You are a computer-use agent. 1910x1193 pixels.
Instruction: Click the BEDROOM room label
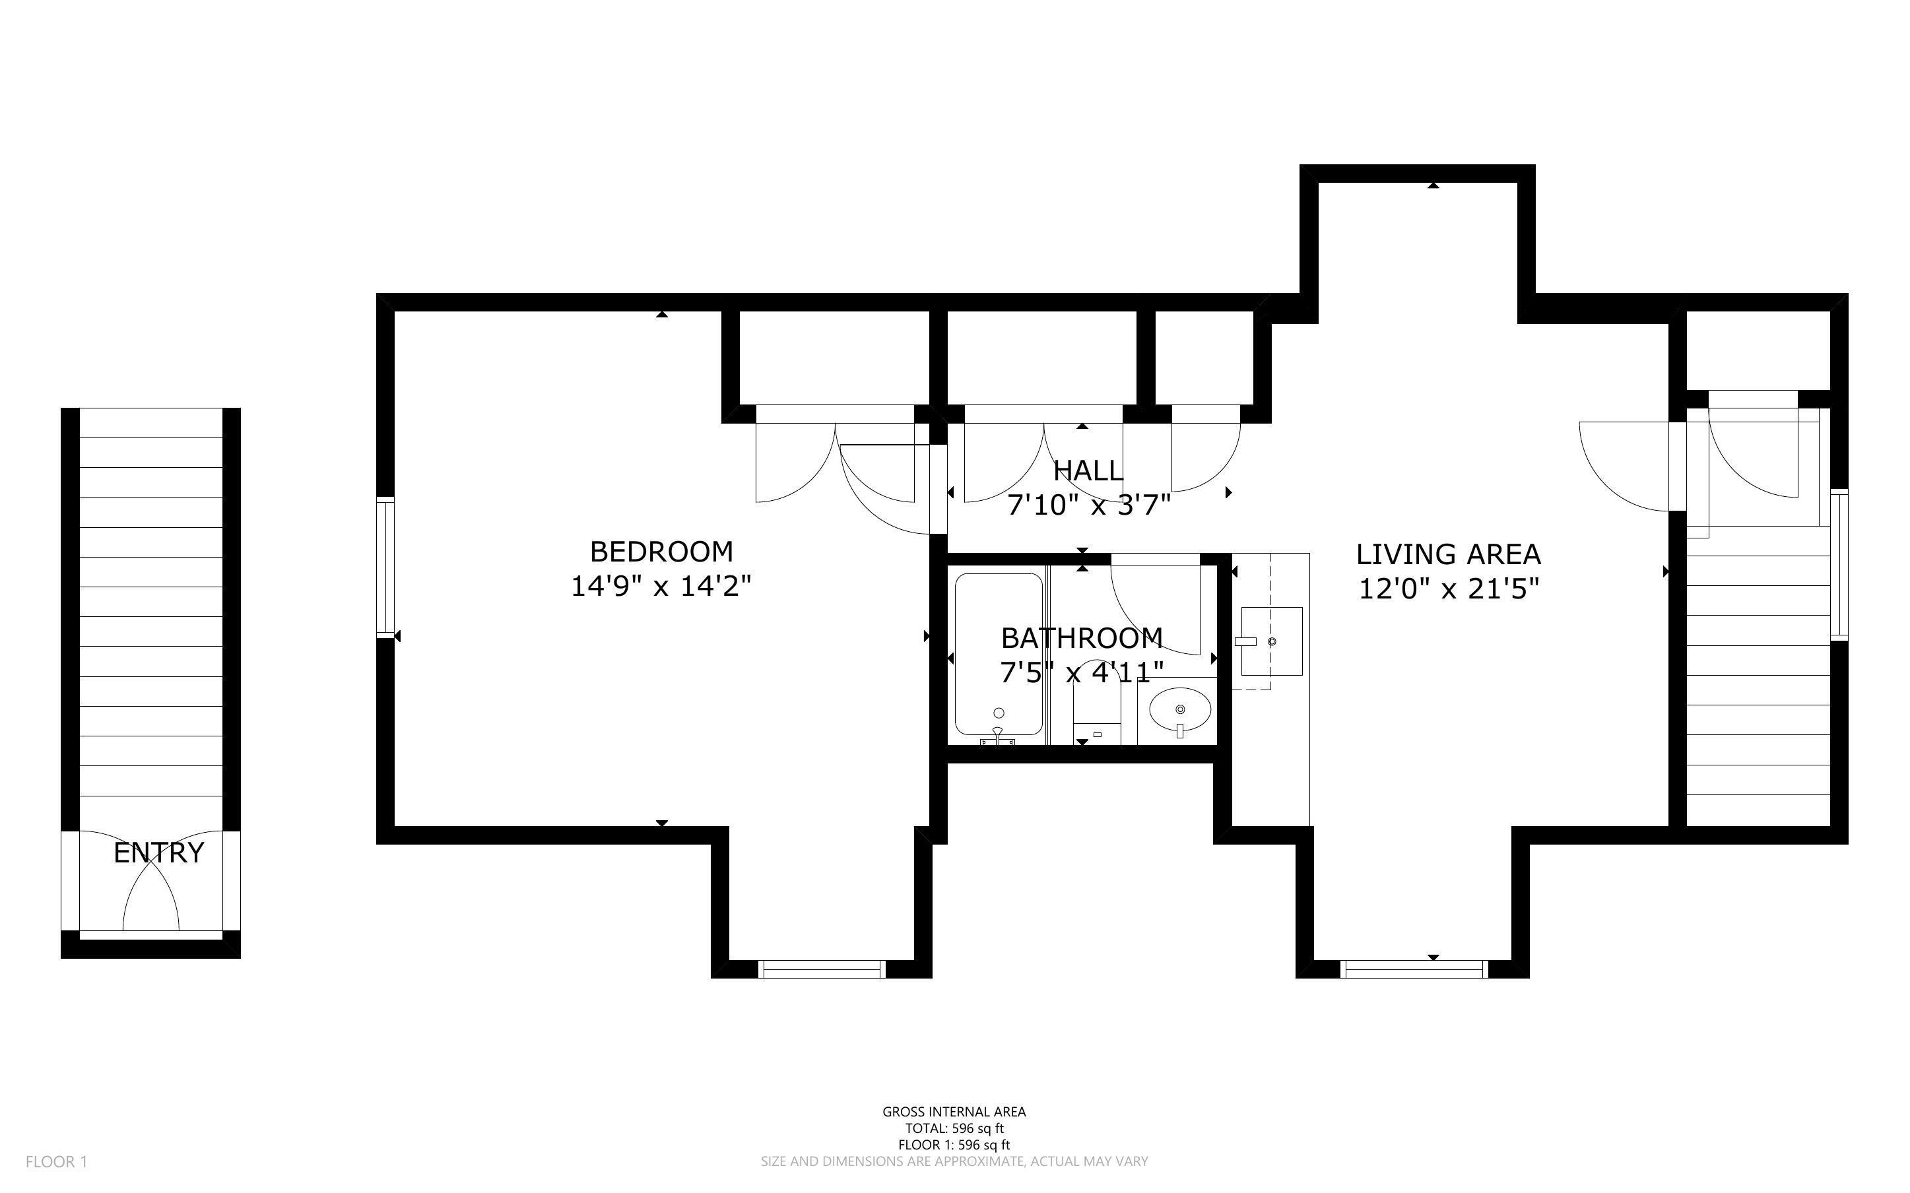pos(661,551)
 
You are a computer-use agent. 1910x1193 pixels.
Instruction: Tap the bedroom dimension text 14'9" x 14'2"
pos(661,586)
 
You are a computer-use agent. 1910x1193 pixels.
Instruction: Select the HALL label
pos(1088,471)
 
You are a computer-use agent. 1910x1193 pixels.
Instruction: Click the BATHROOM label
pos(1082,637)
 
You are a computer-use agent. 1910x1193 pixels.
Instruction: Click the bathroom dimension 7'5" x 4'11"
pos(1082,672)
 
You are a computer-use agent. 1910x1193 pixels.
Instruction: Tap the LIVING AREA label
pos(1448,555)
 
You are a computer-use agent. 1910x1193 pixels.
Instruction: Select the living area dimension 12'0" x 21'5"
pos(1449,589)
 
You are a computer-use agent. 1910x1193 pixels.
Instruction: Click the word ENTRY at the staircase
pos(158,853)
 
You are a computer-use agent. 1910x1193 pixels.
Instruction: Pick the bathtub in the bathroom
pos(998,655)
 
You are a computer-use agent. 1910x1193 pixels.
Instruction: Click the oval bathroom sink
pos(1179,708)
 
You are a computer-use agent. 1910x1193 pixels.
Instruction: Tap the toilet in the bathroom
pos(1097,705)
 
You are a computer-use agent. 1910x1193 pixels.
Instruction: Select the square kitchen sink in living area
pos(1271,641)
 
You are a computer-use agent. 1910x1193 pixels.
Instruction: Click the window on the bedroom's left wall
pos(385,567)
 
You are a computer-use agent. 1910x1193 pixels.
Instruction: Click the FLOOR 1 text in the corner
pos(57,1161)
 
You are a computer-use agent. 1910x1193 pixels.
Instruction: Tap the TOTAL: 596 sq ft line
pos(954,1128)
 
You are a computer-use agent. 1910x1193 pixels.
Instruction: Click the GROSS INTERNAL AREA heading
pos(954,1112)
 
